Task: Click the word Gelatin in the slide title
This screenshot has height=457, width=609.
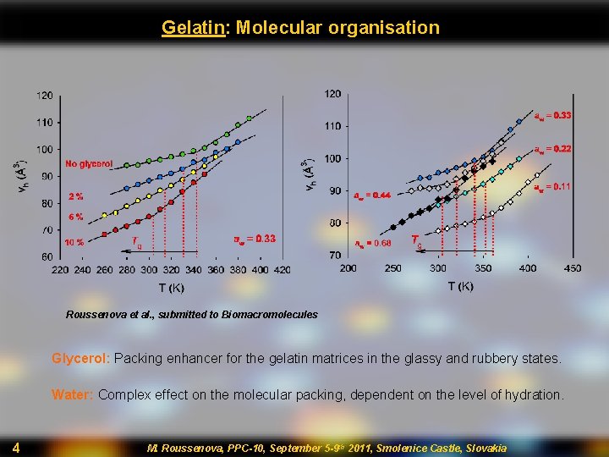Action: [193, 27]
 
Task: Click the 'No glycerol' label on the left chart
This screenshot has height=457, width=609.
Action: [89, 163]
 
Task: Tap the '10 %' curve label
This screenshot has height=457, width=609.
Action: [74, 242]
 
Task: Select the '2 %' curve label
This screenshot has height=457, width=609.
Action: [76, 196]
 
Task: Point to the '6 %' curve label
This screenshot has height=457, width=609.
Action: [76, 217]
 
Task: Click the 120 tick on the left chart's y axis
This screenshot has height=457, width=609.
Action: [45, 96]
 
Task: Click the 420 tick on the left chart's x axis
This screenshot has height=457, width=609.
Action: [282, 270]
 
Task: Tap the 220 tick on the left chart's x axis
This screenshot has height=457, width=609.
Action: [59, 270]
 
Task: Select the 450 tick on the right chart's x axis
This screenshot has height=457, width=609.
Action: [572, 268]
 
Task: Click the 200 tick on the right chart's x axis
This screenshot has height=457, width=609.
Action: [348, 268]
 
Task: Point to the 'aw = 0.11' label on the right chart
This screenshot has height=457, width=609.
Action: [552, 187]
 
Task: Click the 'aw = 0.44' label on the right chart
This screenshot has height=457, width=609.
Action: [372, 195]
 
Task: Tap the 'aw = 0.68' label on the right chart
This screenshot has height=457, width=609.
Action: [372, 244]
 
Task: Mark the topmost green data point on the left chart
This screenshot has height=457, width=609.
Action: [249, 118]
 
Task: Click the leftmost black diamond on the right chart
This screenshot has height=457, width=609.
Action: [392, 227]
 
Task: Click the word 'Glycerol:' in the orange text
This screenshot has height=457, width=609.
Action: [80, 358]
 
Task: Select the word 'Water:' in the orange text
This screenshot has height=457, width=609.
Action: [73, 394]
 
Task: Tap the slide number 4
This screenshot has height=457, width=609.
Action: [16, 447]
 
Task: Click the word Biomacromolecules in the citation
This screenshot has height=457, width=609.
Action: [270, 315]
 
